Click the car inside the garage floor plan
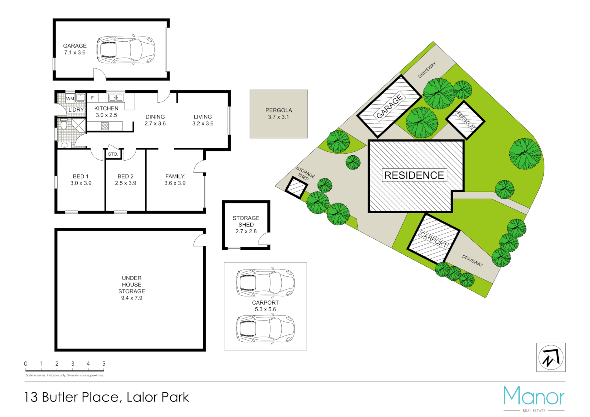(x=126, y=50)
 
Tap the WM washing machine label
(x=70, y=99)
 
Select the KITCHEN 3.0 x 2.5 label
(x=106, y=112)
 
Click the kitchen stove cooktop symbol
(x=105, y=126)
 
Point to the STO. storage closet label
(x=113, y=154)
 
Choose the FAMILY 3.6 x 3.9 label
(x=175, y=180)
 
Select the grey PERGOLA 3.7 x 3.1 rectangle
(x=279, y=114)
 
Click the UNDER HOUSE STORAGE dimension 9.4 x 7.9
(x=131, y=298)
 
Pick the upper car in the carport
(x=265, y=283)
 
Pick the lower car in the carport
(x=265, y=329)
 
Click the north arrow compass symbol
(x=551, y=357)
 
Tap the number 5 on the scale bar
(x=104, y=364)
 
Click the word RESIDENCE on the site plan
(x=414, y=175)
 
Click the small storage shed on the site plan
(x=296, y=188)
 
